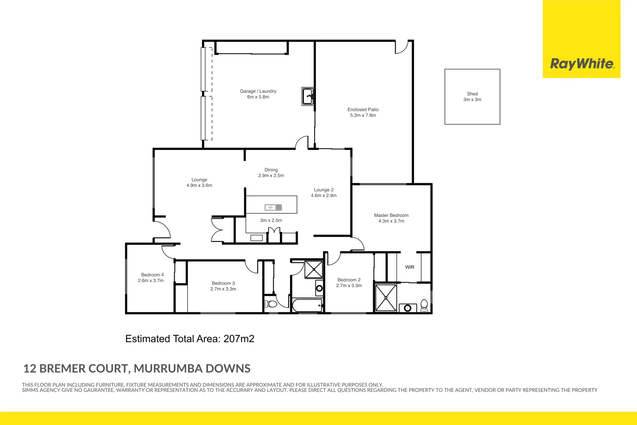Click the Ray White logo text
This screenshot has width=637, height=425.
(582, 64)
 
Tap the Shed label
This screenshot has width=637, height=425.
(472, 94)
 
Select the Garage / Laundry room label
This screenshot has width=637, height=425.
(258, 91)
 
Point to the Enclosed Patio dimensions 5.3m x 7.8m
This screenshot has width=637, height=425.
(363, 115)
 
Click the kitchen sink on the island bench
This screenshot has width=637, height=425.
(273, 207)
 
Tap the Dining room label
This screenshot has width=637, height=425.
(271, 170)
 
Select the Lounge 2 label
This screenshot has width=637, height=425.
(324, 190)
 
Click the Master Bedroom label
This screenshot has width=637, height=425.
(391, 215)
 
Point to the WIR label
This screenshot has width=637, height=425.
(410, 267)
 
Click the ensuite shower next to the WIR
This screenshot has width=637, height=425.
(386, 297)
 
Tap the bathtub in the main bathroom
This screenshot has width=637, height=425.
(307, 305)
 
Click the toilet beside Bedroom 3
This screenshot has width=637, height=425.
(271, 304)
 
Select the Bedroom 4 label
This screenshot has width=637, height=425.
(152, 275)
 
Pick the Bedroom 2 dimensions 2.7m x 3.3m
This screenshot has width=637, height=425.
(349, 286)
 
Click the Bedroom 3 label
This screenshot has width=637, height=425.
(223, 283)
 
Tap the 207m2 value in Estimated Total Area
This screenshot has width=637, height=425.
(239, 339)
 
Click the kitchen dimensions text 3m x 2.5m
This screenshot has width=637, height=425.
(271, 220)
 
